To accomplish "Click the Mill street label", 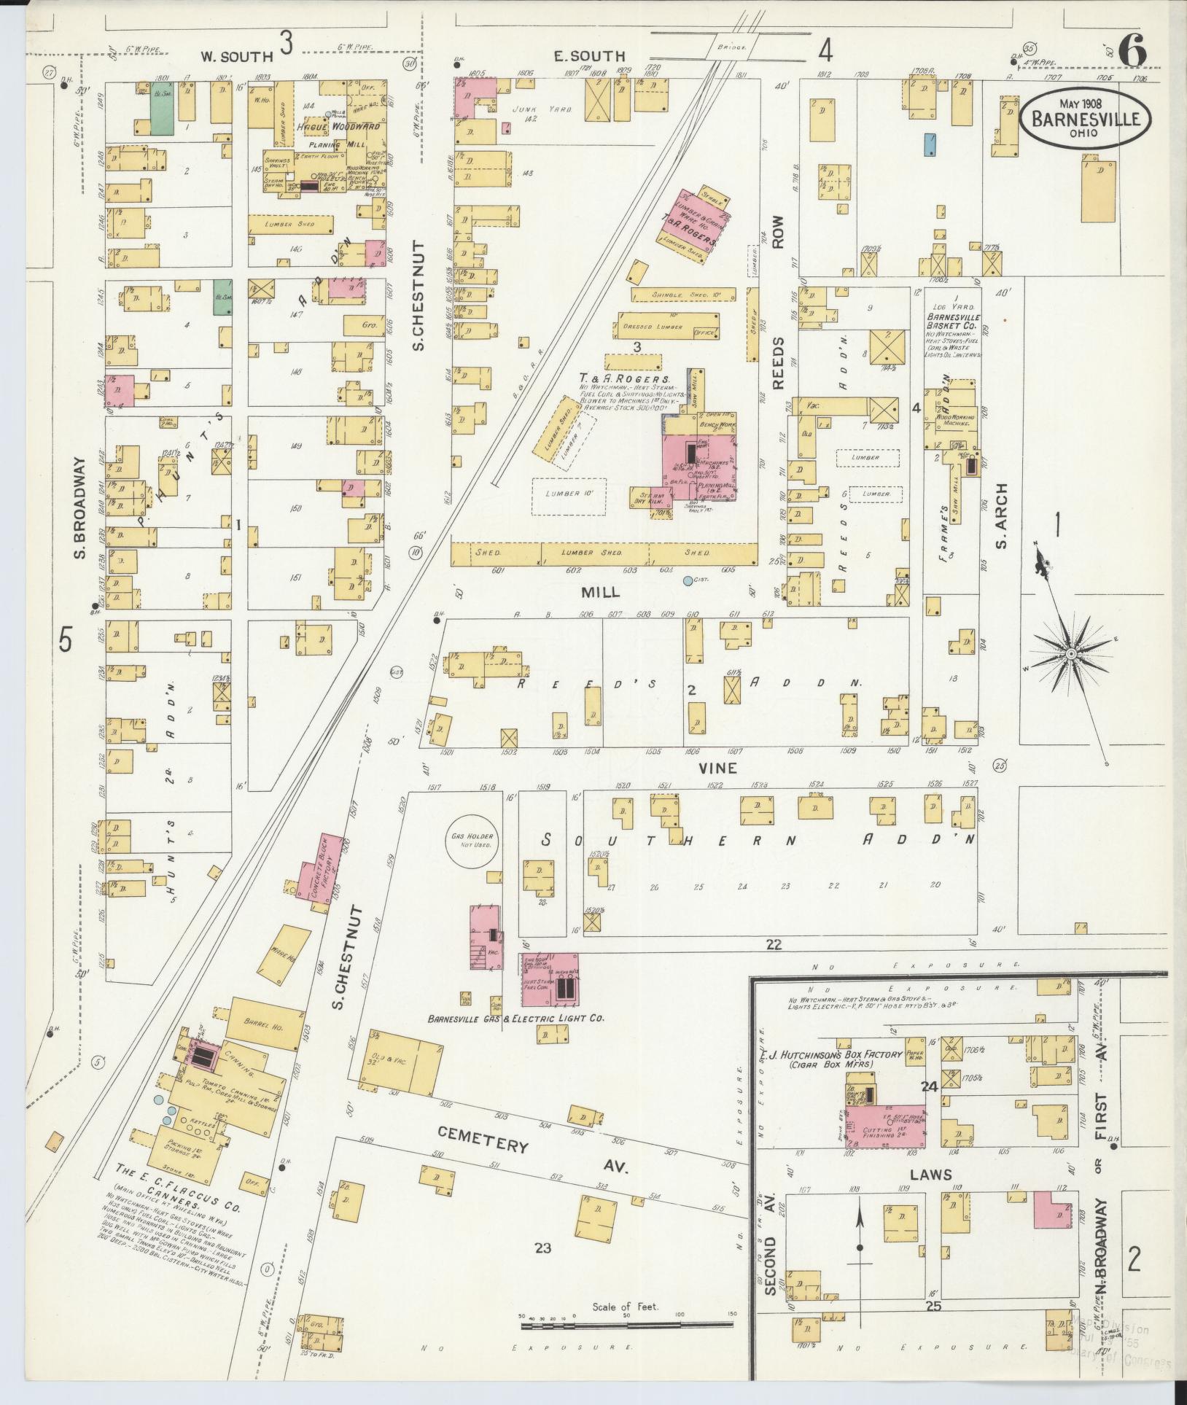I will pos(599,593).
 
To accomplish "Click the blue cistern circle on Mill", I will pos(688,581).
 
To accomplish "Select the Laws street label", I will pos(931,1175).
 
